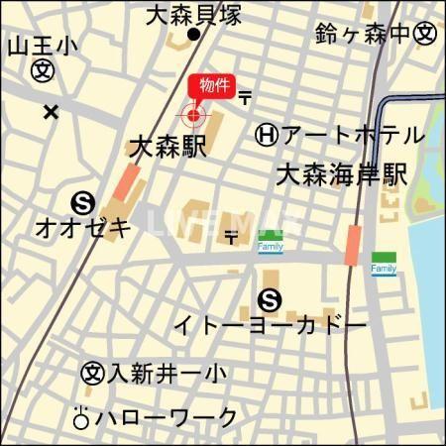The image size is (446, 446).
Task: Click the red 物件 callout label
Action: (x=212, y=87)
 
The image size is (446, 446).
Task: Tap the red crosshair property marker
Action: (x=193, y=116)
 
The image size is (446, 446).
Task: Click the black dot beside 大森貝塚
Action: (x=194, y=36)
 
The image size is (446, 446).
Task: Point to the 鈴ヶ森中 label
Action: (x=363, y=34)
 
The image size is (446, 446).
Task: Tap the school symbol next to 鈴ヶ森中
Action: (x=425, y=34)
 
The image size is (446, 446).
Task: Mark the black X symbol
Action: (x=51, y=111)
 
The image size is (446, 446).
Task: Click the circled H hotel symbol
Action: (x=266, y=134)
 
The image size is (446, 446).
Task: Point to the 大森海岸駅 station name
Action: (x=342, y=176)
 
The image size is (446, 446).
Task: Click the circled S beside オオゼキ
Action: (x=83, y=203)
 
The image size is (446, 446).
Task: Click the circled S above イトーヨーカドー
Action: (x=268, y=298)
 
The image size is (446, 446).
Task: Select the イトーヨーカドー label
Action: (x=271, y=325)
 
